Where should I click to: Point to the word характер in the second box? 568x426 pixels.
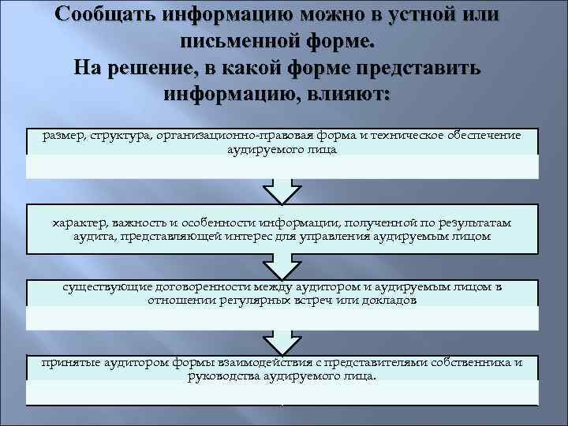pyautogui.click(x=78, y=223)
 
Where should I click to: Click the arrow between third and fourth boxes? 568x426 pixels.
pyautogui.click(x=282, y=342)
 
